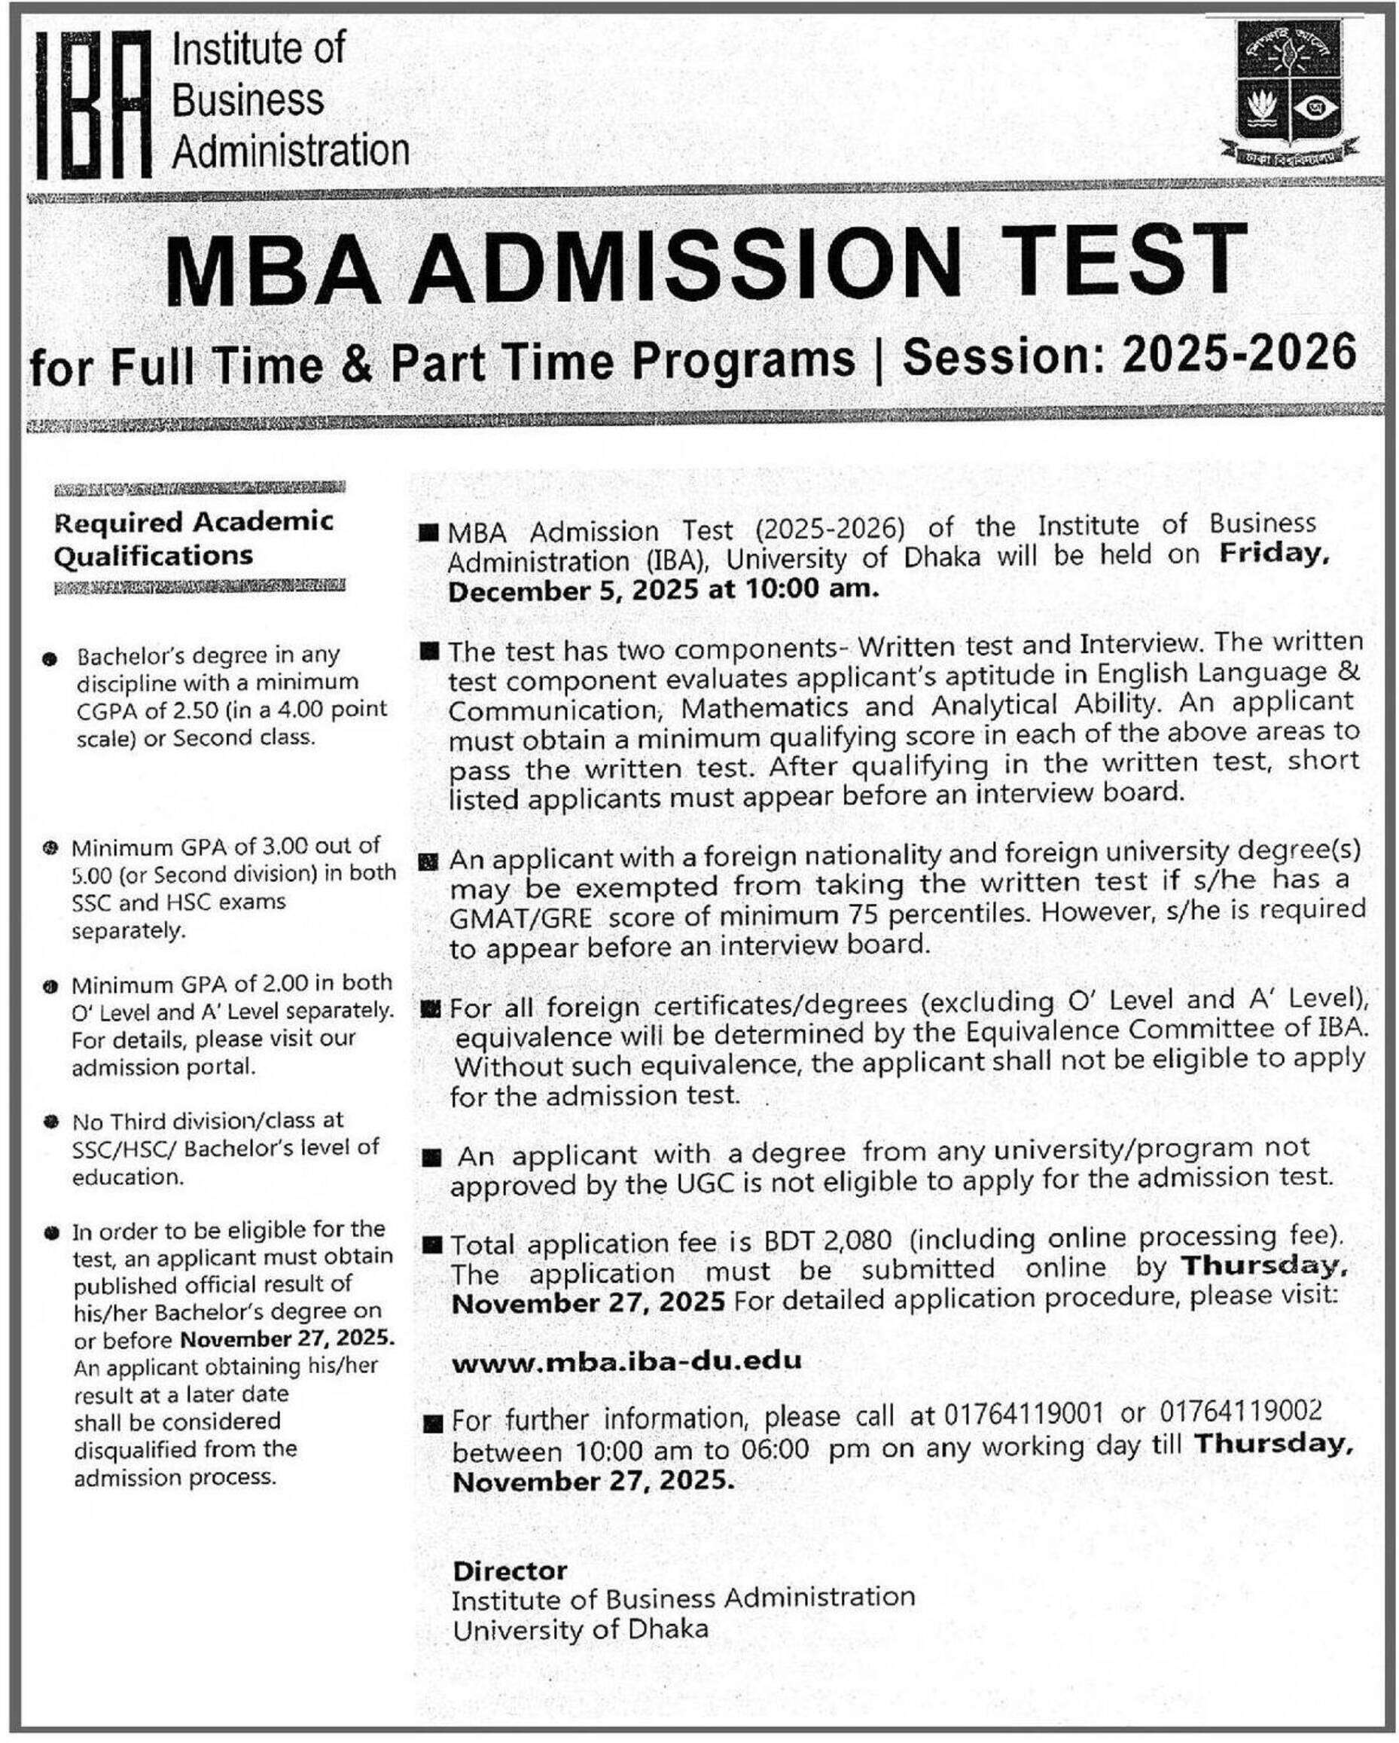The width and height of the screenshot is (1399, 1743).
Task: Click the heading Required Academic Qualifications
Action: click(x=194, y=539)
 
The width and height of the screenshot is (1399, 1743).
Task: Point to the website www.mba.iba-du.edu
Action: click(x=626, y=1361)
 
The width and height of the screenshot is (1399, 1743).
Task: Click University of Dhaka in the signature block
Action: click(x=581, y=1630)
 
